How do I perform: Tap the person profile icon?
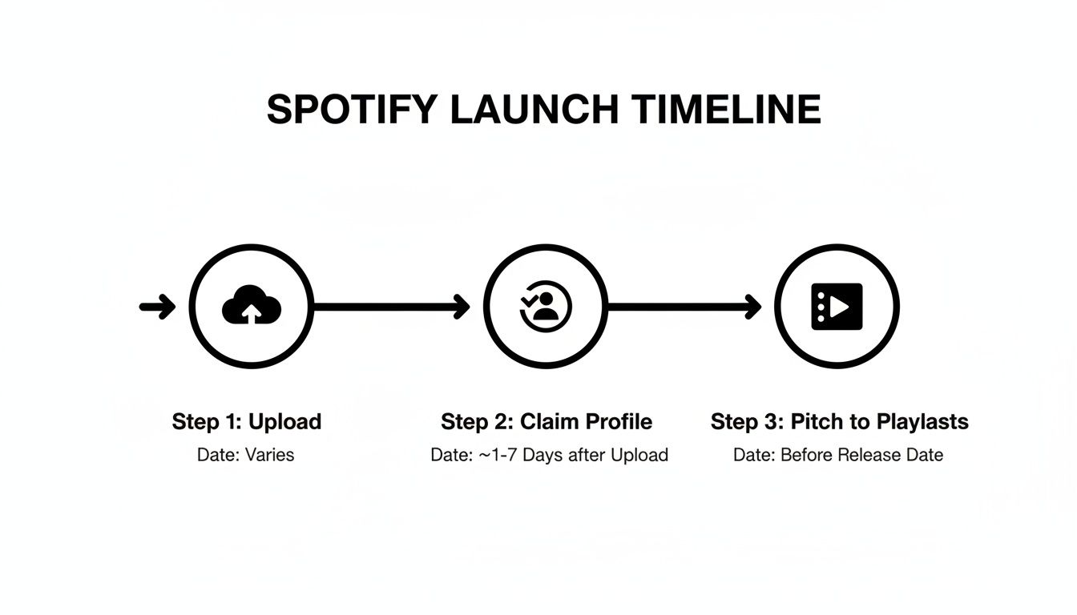click(546, 307)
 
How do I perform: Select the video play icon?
click(837, 307)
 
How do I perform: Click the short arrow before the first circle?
click(157, 307)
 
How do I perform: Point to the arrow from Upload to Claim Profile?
click(391, 307)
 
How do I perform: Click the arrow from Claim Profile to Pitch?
click(684, 307)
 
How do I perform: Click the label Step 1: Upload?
click(247, 422)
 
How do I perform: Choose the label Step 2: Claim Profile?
click(547, 422)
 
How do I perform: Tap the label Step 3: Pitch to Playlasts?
click(839, 422)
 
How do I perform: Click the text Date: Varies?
click(245, 455)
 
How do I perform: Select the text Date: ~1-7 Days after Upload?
click(549, 455)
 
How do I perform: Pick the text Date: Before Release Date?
click(837, 455)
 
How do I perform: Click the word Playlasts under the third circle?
click(922, 422)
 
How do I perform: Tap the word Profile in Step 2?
click(618, 422)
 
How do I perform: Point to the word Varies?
click(269, 455)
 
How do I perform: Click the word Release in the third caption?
click(868, 455)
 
